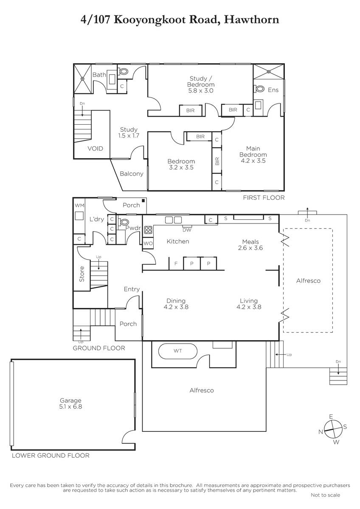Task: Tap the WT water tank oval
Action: tap(177, 351)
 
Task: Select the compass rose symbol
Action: tap(333, 429)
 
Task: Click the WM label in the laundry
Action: tap(79, 205)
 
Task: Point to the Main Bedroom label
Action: tap(253, 151)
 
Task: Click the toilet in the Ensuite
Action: tap(259, 89)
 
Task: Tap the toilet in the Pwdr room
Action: tap(123, 222)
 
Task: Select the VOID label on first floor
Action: tap(95, 148)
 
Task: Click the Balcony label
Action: tap(132, 174)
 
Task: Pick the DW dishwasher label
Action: tap(187, 230)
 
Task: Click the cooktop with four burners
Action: tap(148, 230)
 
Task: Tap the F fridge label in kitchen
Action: tap(176, 263)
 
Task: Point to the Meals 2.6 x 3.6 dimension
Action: tap(250, 248)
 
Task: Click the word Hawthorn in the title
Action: tap(251, 20)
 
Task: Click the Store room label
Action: tap(82, 274)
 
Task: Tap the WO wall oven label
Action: tap(148, 243)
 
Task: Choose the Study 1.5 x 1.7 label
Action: tap(129, 133)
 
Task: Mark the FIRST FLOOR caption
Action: tap(264, 198)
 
